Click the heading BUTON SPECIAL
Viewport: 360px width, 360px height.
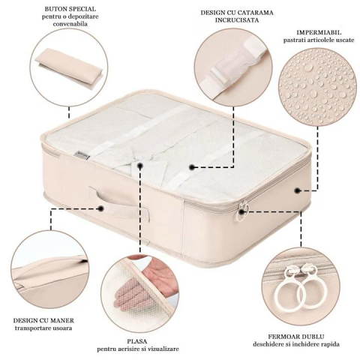[70, 9]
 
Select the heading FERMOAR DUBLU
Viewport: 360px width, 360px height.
[296, 337]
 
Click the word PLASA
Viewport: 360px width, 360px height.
[137, 341]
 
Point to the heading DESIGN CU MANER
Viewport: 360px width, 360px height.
[43, 320]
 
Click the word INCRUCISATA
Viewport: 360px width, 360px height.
[237, 20]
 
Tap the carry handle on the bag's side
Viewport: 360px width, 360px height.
[118, 204]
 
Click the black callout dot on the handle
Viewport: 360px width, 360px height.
[101, 208]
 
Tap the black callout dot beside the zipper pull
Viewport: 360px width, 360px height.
[241, 212]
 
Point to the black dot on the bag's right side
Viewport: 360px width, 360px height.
[297, 190]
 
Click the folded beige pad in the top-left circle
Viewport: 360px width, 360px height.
[69, 65]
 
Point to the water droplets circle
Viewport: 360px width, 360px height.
[317, 86]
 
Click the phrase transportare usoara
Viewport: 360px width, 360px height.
[43, 328]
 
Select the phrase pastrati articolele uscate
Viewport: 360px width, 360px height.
[319, 40]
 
